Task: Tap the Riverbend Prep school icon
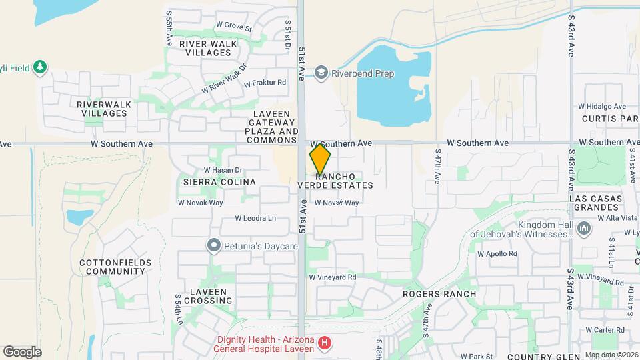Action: (x=321, y=73)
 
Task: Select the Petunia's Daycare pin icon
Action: (x=213, y=246)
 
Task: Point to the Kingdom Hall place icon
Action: (x=585, y=230)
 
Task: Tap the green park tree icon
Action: (x=41, y=67)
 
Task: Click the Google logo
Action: (x=22, y=352)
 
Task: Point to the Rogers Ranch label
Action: (x=439, y=294)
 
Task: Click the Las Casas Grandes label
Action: (x=596, y=203)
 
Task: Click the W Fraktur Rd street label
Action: (x=265, y=83)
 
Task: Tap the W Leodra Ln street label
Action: (x=255, y=218)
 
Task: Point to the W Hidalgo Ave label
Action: (x=602, y=106)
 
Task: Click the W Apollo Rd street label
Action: (x=497, y=254)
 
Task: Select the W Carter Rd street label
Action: (x=605, y=330)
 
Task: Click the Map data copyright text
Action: (x=611, y=355)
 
